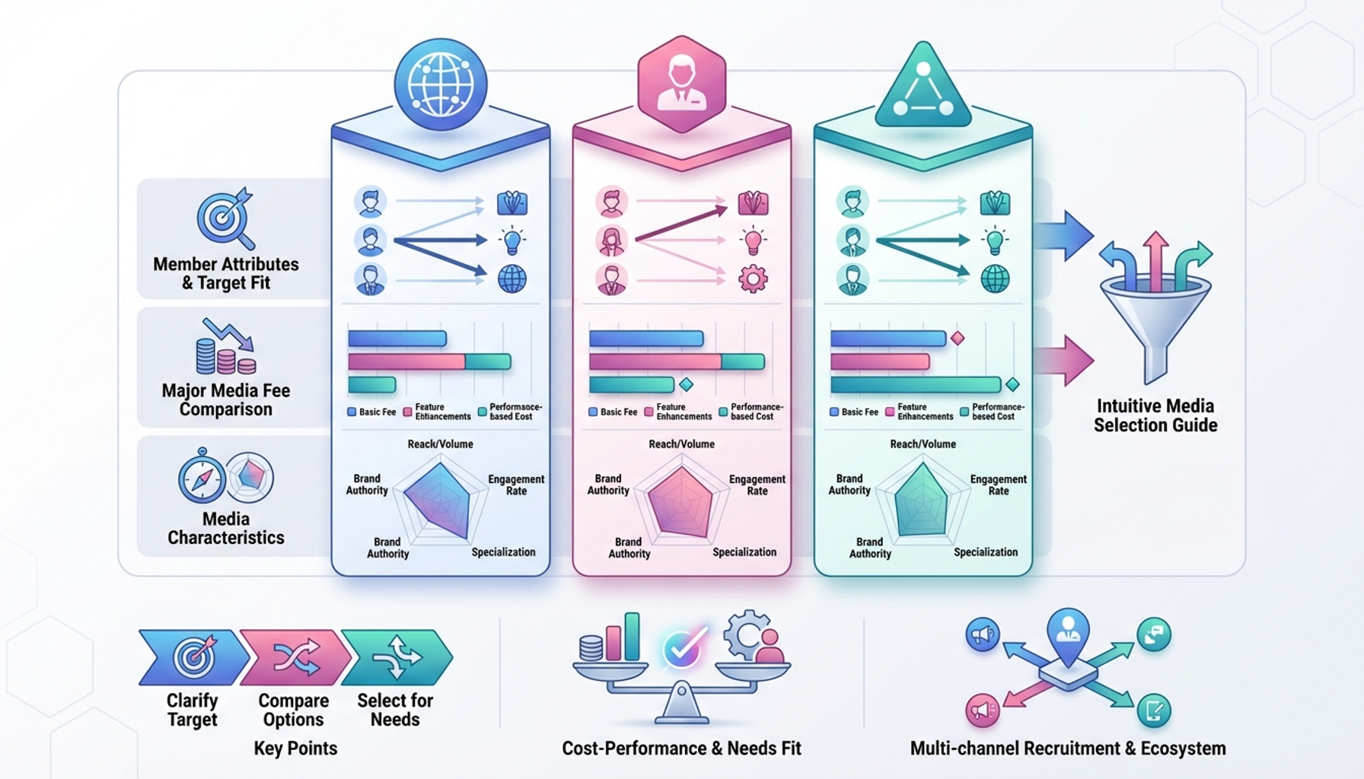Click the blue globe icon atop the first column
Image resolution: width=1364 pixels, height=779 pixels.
tap(441, 84)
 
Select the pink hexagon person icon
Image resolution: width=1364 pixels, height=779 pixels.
tap(681, 84)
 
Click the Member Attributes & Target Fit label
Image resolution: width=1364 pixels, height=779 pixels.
tap(226, 274)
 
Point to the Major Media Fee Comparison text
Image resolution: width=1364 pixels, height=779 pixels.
tap(226, 400)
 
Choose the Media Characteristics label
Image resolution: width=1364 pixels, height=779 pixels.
tap(226, 528)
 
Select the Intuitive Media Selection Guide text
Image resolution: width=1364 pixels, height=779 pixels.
tap(1155, 415)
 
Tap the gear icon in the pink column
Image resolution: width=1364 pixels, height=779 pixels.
tap(753, 278)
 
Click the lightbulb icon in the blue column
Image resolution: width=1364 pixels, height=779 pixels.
tap(512, 240)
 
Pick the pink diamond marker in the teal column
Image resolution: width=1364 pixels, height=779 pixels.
tap(958, 338)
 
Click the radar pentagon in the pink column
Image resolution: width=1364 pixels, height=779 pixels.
tap(680, 503)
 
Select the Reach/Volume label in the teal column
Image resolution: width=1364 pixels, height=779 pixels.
tap(923, 444)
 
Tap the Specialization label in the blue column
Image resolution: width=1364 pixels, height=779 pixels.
tap(503, 552)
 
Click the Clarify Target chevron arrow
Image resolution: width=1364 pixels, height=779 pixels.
tap(193, 657)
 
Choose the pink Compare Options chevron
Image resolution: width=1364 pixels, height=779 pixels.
tap(295, 657)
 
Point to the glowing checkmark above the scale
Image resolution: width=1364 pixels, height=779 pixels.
tap(682, 649)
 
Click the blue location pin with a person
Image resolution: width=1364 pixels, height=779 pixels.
tap(1068, 631)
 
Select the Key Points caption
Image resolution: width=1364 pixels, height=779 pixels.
tap(295, 749)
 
